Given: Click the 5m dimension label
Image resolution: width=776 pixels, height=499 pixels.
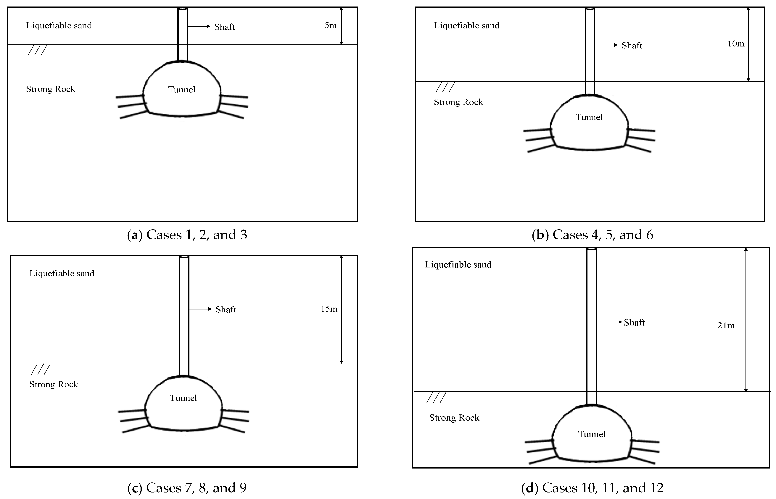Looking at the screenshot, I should tap(330, 25).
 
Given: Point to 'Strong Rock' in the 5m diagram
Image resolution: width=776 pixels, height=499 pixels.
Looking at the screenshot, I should tap(51, 89).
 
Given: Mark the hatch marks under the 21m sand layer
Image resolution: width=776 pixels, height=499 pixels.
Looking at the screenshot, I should tap(436, 398).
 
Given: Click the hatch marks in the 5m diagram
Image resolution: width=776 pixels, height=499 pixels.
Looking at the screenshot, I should tap(37, 50).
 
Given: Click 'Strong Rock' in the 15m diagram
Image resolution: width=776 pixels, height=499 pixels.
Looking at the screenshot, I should tap(54, 384).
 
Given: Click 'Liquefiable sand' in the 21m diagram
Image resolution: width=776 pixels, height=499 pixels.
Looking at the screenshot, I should tap(458, 265).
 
